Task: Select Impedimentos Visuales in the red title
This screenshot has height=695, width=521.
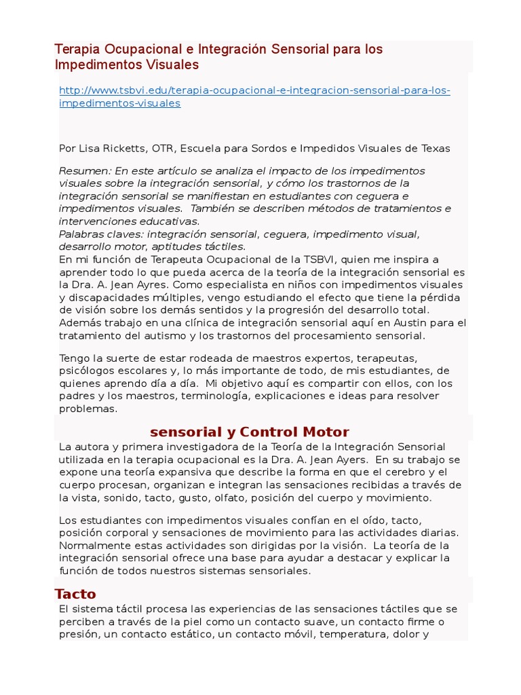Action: pos(127,65)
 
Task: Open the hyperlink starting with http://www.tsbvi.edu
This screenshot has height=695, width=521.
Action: pos(254,91)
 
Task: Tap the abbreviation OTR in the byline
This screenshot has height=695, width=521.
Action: pos(163,148)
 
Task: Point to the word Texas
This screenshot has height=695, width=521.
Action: pos(435,148)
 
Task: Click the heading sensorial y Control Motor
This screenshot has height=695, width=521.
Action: pos(249,432)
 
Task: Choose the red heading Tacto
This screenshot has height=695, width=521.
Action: pos(75,595)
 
